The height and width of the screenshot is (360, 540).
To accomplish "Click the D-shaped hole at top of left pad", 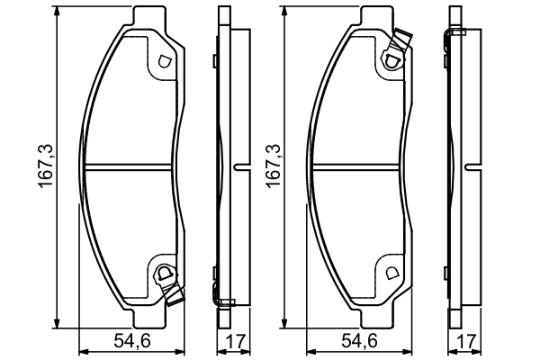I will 164,62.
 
